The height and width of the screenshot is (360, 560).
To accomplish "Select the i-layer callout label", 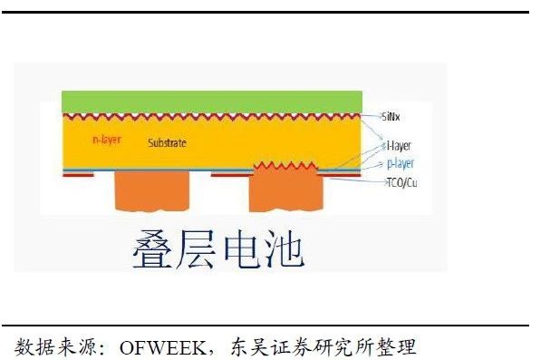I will click(398, 145).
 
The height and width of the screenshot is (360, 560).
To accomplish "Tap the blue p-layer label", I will click(400, 163).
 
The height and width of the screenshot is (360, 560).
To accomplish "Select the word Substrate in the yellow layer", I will click(167, 143).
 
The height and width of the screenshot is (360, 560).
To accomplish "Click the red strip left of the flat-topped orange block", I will click(80, 176).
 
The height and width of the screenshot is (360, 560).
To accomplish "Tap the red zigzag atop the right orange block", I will click(285, 166).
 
